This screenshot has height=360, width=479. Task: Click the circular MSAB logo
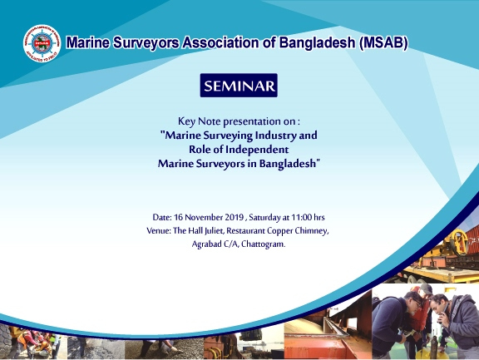(42, 43)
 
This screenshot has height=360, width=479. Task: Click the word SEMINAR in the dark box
(239, 86)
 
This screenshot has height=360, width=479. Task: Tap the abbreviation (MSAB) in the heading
(383, 42)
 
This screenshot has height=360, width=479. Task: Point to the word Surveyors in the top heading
(146, 42)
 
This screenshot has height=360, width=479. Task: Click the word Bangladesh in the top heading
(317, 42)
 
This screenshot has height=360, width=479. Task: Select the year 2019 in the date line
(234, 217)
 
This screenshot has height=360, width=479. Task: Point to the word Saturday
(264, 217)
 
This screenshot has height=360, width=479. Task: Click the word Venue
(158, 230)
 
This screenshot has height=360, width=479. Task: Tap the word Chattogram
(263, 244)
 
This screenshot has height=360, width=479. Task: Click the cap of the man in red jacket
(426, 288)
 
